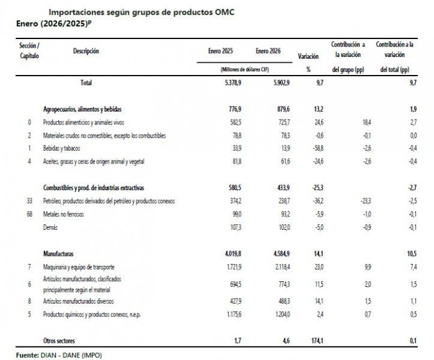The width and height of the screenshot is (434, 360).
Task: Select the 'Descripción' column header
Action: point(86,51)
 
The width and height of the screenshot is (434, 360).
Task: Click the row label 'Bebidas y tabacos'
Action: point(65,149)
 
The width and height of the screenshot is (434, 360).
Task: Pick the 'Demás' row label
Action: point(51,227)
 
